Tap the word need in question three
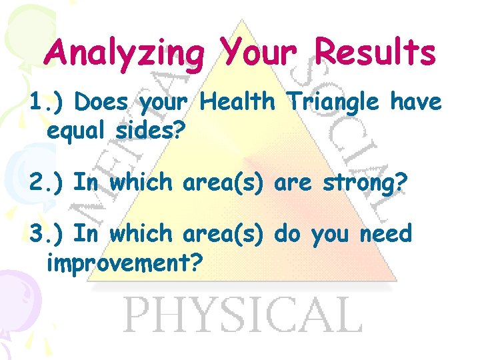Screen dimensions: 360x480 386,234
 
